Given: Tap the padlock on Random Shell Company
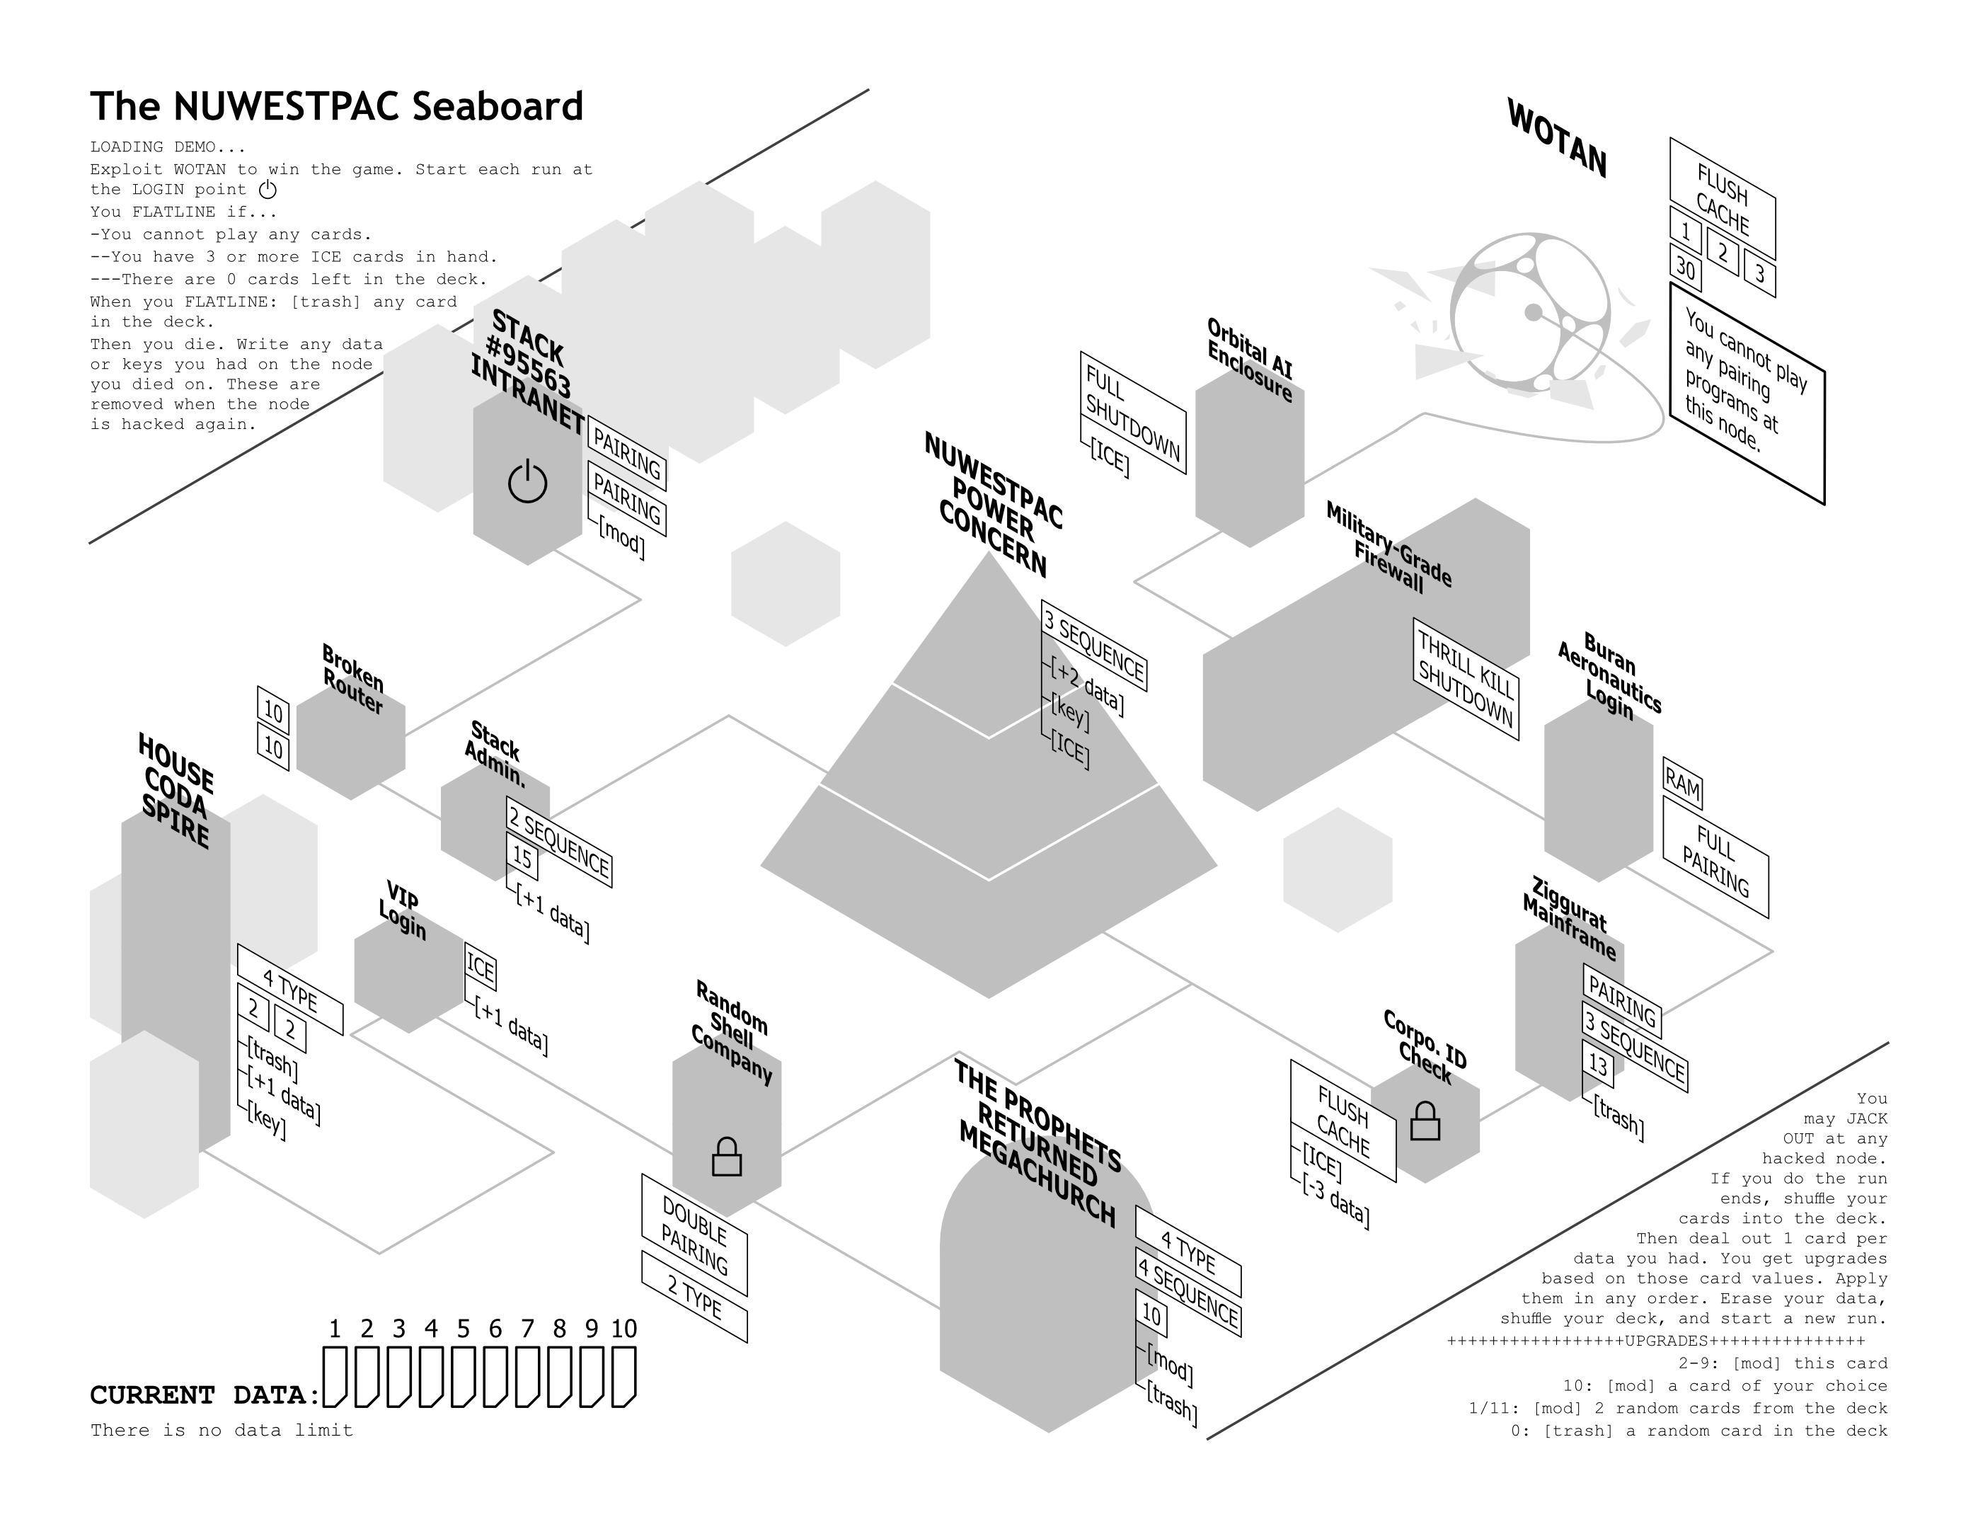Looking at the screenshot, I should click(x=726, y=1157).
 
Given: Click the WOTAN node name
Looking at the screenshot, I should click(x=1556, y=138).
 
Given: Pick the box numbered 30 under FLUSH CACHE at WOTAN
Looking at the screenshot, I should click(x=1684, y=268).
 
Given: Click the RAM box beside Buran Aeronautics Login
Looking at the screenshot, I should click(x=1682, y=783).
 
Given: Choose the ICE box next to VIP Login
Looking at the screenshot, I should click(x=480, y=968).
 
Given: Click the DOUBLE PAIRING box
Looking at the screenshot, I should click(x=694, y=1235).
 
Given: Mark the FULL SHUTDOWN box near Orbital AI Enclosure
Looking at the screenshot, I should click(x=1132, y=412).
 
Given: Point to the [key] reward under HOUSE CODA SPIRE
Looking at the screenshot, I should click(x=266, y=1121).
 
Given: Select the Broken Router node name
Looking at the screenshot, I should click(x=352, y=680).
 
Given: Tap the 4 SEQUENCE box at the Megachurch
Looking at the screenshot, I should click(x=1188, y=1293).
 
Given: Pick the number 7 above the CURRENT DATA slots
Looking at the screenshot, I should click(x=527, y=1329).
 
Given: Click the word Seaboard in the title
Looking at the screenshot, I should click(x=498, y=107).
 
